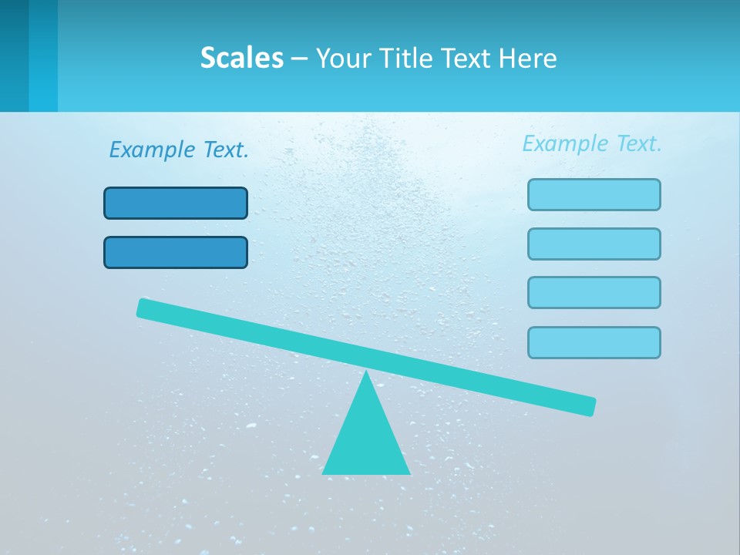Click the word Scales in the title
click(x=241, y=58)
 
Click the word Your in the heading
click(x=345, y=58)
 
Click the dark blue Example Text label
click(x=179, y=150)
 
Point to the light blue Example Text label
click(x=592, y=143)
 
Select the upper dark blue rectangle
click(x=176, y=203)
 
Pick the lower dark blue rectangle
click(x=176, y=252)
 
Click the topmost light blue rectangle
click(x=594, y=194)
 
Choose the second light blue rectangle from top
click(x=594, y=244)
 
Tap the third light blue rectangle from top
click(x=594, y=292)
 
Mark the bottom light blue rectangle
click(x=594, y=342)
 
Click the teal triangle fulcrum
click(x=366, y=436)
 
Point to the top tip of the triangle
click(x=366, y=372)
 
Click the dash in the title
click(x=299, y=59)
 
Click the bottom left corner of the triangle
click(x=324, y=473)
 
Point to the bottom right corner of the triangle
click(x=409, y=473)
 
